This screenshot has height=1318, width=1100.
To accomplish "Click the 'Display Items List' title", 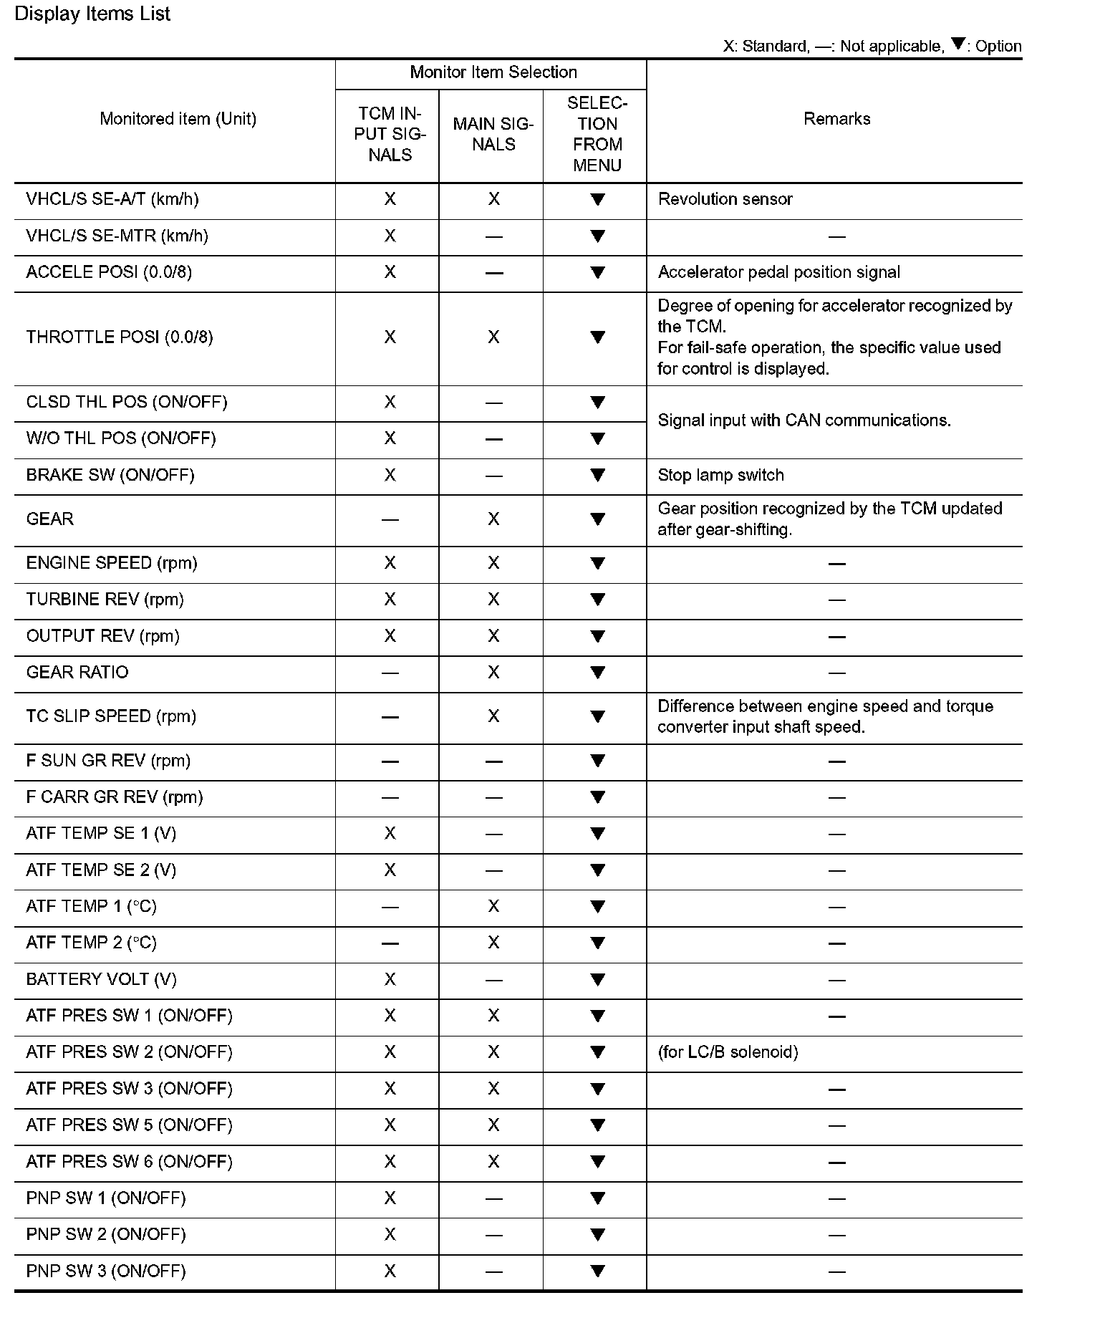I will [92, 14].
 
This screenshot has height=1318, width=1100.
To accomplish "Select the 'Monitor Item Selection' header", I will [493, 72].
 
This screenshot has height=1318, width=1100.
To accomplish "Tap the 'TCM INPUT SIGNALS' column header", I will [390, 134].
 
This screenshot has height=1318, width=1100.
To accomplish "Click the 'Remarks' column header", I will [836, 119].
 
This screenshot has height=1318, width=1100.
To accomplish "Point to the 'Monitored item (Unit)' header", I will [178, 119].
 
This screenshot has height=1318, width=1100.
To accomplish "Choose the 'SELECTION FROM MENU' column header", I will [597, 134].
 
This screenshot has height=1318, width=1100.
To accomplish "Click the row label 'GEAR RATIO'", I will [77, 673].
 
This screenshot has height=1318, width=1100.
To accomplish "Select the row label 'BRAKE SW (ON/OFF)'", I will [110, 476].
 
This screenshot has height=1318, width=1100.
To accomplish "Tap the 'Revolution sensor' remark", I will [725, 199].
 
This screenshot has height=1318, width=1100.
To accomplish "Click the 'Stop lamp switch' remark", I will [720, 476].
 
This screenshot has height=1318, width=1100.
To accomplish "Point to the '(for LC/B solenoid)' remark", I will [728, 1052].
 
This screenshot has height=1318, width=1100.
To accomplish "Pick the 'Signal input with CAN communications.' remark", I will [804, 420].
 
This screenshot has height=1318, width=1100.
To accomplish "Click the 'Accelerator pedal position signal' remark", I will [778, 272].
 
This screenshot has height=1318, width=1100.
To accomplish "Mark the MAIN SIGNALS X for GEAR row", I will [493, 519].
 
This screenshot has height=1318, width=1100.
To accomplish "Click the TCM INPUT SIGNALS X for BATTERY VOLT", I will [390, 979].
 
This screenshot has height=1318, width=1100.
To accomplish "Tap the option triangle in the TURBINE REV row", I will [597, 600].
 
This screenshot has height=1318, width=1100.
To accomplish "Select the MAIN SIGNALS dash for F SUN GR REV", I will [493, 761].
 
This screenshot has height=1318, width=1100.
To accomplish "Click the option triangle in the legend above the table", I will [957, 44].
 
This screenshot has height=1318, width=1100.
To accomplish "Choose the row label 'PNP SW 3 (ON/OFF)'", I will [106, 1271].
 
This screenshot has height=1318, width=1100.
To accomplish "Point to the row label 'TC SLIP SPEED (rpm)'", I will [111, 716].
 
